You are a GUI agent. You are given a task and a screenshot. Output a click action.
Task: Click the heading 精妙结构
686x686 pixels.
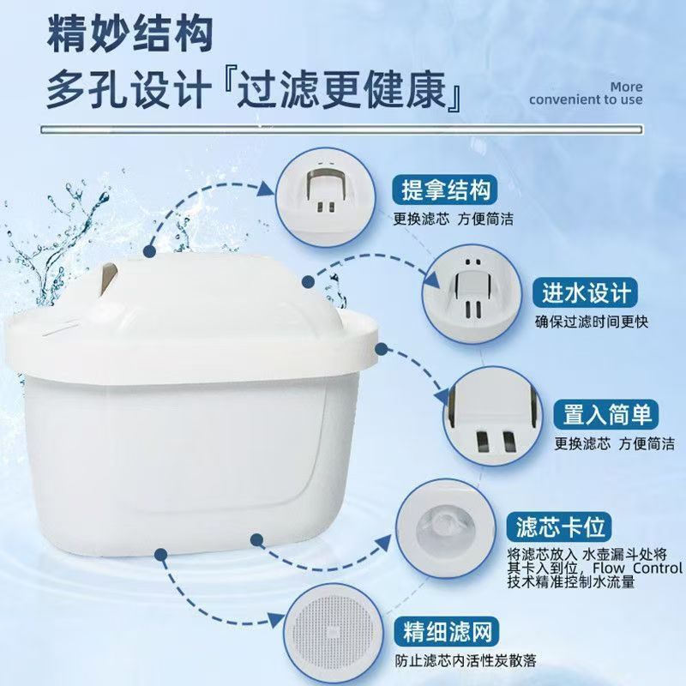click(129, 37)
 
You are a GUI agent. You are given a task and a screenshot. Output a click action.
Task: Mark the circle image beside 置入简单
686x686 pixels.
click(496, 416)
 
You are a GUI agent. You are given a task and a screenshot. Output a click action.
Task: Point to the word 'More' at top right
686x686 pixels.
click(626, 86)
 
